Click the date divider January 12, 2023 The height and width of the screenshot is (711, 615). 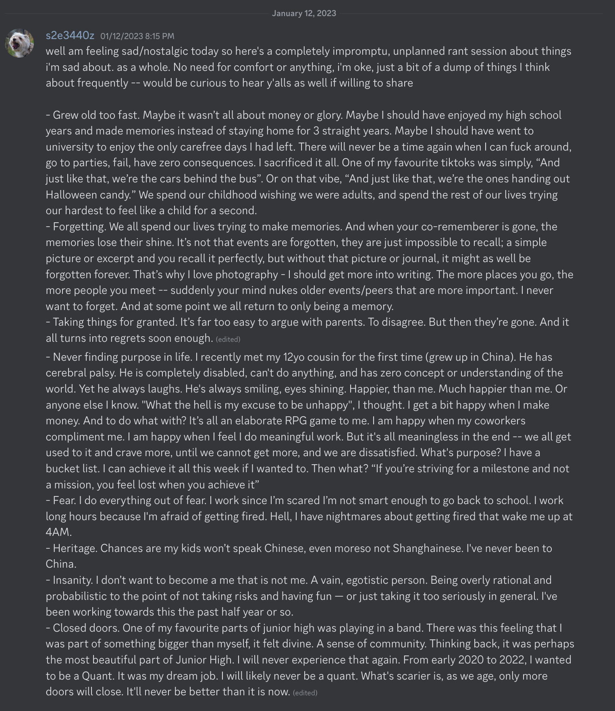[x=304, y=13]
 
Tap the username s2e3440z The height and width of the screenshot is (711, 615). [x=70, y=36]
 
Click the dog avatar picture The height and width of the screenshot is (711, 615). [x=19, y=43]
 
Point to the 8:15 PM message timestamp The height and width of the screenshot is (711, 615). [x=137, y=36]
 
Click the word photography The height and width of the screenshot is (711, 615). [x=247, y=274]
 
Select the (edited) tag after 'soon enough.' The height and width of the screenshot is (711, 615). [x=228, y=339]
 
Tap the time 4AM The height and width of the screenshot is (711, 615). [x=58, y=532]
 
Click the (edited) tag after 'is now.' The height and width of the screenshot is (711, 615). [x=305, y=692]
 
